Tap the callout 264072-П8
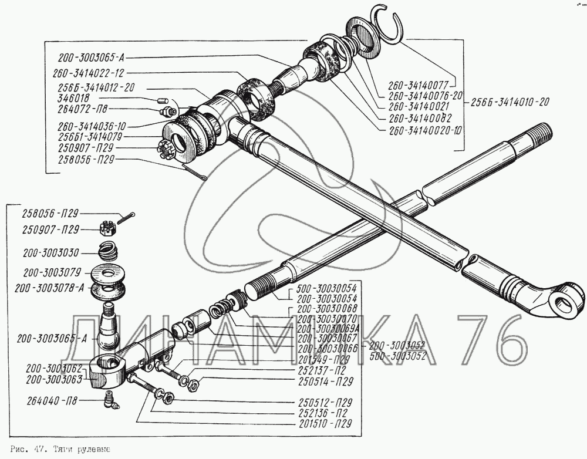click(83, 110)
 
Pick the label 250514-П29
click(325, 382)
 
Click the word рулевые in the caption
click(92, 449)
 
